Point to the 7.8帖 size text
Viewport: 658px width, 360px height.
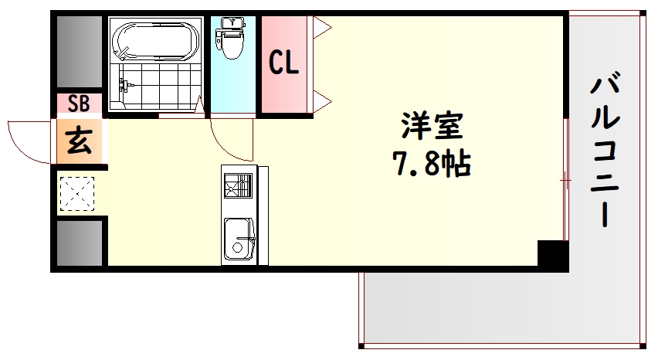pyautogui.click(x=432, y=164)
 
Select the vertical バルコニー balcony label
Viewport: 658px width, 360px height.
pyautogui.click(x=607, y=150)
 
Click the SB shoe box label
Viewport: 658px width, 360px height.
pyautogui.click(x=78, y=104)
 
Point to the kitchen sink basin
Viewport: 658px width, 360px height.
pyautogui.click(x=239, y=239)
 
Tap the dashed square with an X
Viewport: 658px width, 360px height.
pyautogui.click(x=77, y=193)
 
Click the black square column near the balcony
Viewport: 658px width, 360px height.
pyautogui.click(x=551, y=254)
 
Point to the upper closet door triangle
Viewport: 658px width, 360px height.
pyautogui.click(x=322, y=28)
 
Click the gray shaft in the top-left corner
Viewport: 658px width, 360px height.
pyautogui.click(x=79, y=51)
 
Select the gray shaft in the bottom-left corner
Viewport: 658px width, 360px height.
pyautogui.click(x=79, y=243)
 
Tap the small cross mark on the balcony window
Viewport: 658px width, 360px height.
pyautogui.click(x=565, y=182)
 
